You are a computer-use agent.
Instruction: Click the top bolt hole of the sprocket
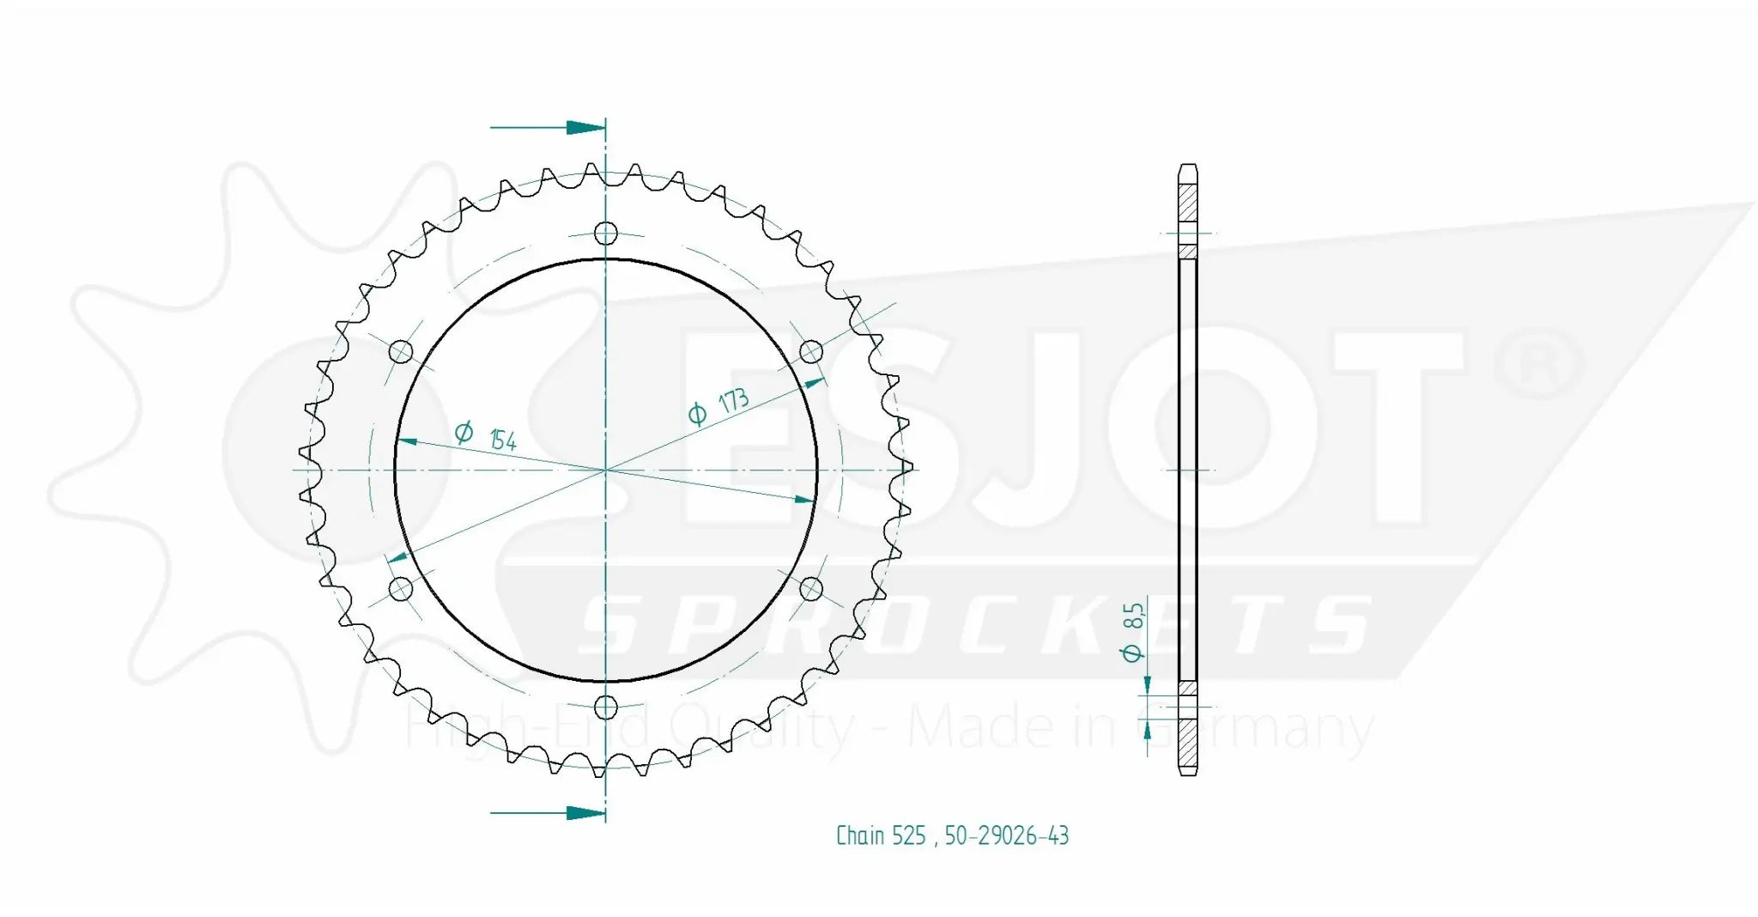pos(606,233)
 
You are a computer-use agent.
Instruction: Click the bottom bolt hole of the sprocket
pos(606,707)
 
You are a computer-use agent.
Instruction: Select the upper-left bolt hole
pos(401,352)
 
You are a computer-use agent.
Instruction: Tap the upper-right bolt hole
pos(811,352)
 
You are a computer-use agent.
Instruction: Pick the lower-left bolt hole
pos(401,589)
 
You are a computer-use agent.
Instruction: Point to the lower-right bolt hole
pos(811,589)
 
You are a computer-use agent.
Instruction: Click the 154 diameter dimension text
pos(503,440)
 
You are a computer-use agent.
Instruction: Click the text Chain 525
pos(881,835)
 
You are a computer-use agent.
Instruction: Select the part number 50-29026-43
pos(1007,835)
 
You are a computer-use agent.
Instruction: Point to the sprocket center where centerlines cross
pos(606,470)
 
